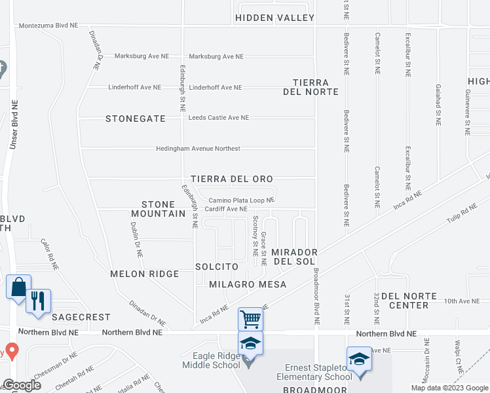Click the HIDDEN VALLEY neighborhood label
tap(274, 18)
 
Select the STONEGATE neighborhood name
tap(134, 119)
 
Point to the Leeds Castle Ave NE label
tap(218, 118)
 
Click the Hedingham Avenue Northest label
tap(198, 149)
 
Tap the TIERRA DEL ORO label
tap(231, 179)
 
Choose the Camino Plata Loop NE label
tap(241, 200)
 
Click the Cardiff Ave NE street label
tap(226, 209)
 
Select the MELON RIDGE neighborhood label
tap(144, 274)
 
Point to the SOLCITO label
tap(216, 267)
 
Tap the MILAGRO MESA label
tap(248, 284)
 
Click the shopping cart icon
tap(250, 319)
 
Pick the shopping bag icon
tap(18, 287)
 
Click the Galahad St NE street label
tap(438, 104)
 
